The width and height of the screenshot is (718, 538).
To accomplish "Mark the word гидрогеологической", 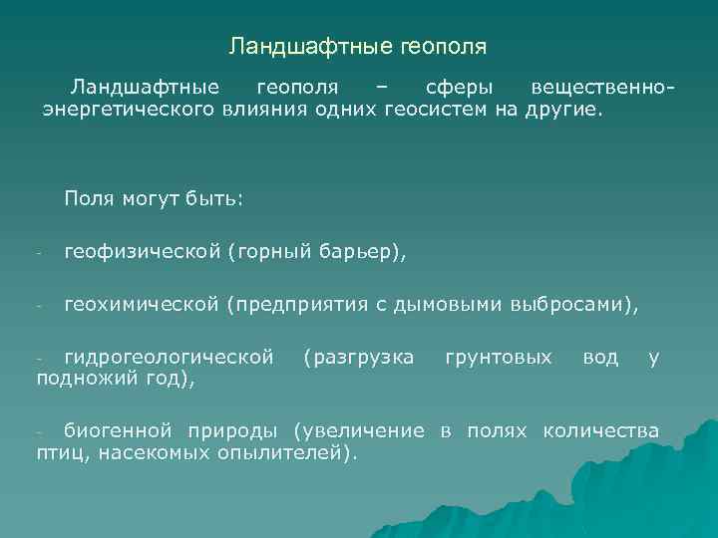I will [x=169, y=356].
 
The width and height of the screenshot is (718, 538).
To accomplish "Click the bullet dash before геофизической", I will [x=36, y=254].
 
